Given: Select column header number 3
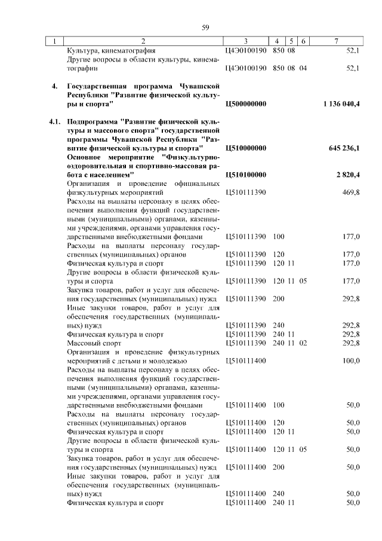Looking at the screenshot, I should pos(245,41).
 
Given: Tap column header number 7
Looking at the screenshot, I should pos(337,41).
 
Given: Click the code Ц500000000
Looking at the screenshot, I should pos(247,104).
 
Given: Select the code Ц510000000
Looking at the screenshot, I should pos(247,148).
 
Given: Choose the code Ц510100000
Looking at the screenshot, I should pos(247,175).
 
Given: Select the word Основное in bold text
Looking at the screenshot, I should pos(85,157).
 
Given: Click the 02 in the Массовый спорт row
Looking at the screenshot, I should pos(303,344).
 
